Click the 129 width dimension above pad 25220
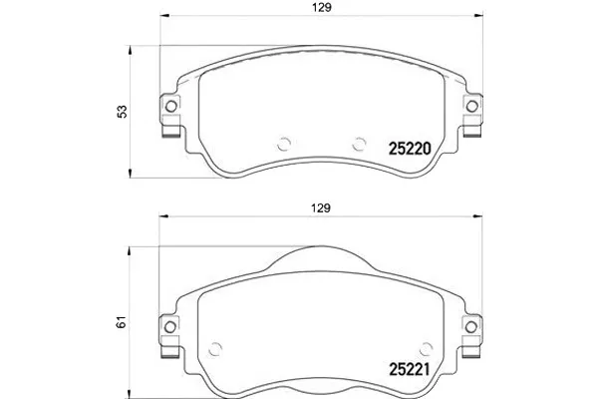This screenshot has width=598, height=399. (322, 8)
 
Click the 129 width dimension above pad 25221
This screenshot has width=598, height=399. (320, 208)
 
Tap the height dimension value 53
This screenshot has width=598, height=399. (123, 112)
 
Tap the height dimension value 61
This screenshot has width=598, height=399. (122, 322)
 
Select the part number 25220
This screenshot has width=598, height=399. (410, 149)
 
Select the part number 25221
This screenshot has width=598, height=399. (410, 369)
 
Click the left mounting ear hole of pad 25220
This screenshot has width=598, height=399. (170, 106)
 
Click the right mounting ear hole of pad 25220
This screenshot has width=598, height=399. (472, 106)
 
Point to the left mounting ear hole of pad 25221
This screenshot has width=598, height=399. (170, 327)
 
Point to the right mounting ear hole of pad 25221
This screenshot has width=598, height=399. (471, 327)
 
